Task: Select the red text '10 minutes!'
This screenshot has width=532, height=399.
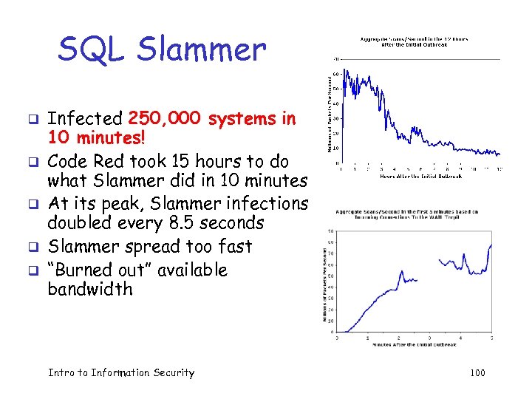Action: pos(94,138)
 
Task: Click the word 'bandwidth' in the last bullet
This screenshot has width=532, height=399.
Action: pos(90,289)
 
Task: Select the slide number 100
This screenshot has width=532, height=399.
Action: pos(477,372)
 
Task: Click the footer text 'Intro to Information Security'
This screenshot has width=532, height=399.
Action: pos(120,372)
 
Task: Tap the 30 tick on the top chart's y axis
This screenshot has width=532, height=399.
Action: pos(335,118)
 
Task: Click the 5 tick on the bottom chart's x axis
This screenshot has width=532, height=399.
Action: pos(491,338)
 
